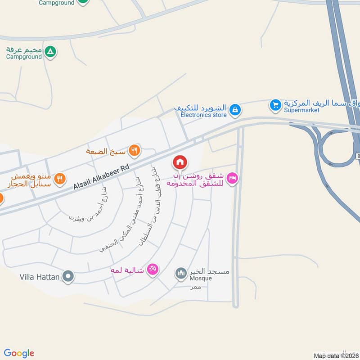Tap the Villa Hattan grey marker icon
point(68,276)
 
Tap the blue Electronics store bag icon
point(235,109)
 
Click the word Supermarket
point(301,110)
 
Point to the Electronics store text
point(203,115)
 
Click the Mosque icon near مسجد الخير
point(181,273)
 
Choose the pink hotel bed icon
point(232,179)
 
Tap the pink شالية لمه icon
point(153,270)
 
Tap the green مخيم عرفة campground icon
point(51,52)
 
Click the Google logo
point(19,353)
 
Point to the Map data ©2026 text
point(336,355)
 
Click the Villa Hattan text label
point(40,277)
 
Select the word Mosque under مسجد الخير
point(201,279)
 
